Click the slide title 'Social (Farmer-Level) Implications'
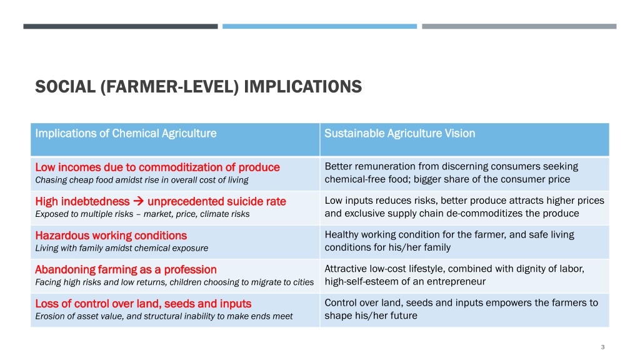(x=198, y=86)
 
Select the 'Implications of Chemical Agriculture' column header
(x=126, y=134)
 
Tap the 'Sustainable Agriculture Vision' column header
(x=399, y=134)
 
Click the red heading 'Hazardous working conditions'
(x=111, y=236)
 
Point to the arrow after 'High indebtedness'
(x=138, y=201)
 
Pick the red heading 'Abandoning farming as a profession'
(x=126, y=269)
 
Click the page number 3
(x=602, y=347)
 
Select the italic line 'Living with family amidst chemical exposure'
(x=122, y=248)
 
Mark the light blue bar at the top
(x=319, y=26)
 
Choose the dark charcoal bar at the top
(x=121, y=26)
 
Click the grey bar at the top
(x=519, y=26)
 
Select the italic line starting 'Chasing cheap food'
(x=142, y=180)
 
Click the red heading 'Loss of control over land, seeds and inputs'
(x=143, y=304)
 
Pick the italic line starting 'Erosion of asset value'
(x=164, y=316)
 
